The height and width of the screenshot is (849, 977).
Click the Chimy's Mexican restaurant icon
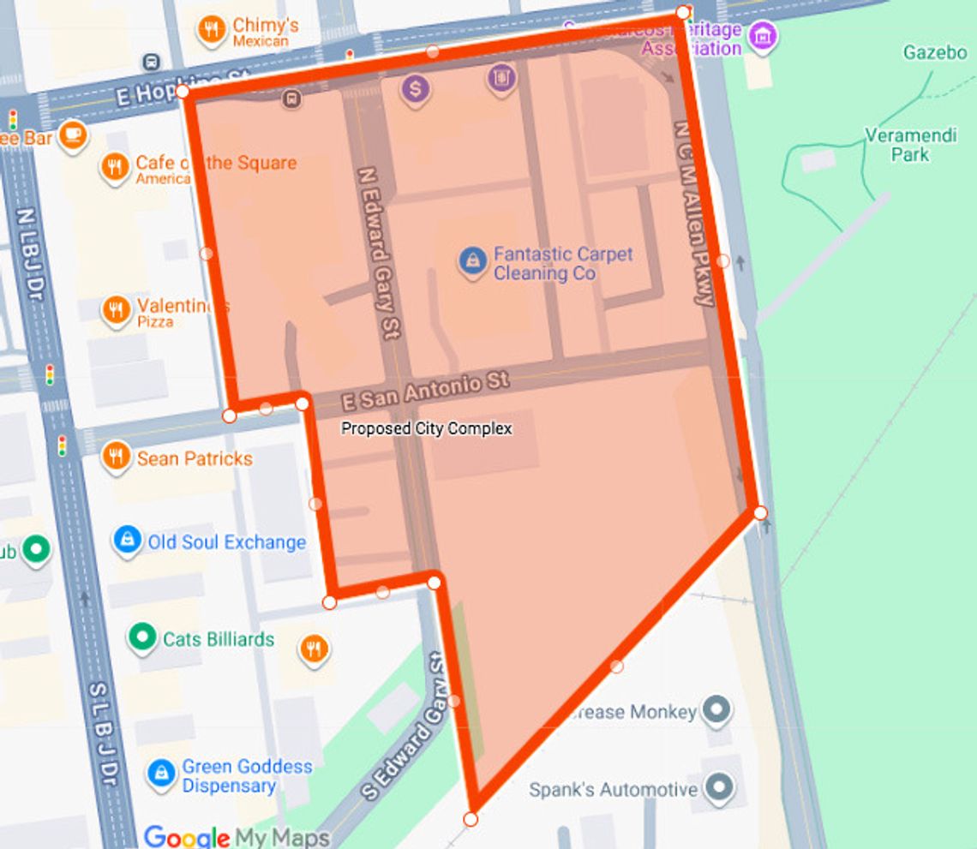click(211, 31)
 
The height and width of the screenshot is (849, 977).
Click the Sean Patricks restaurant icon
click(116, 457)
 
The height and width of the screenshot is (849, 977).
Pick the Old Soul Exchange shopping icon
click(127, 541)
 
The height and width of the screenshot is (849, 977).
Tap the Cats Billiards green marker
click(142, 637)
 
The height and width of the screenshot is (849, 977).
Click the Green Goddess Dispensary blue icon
click(160, 774)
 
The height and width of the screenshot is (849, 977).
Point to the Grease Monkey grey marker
click(716, 710)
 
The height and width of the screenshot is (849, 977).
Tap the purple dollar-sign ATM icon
click(416, 87)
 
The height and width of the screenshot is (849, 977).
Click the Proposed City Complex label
click(426, 428)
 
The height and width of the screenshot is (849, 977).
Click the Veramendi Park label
click(896, 145)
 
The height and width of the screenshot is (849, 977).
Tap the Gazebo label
click(934, 53)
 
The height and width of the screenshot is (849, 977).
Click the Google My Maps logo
click(236, 836)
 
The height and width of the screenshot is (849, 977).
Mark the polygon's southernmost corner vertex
click(471, 819)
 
